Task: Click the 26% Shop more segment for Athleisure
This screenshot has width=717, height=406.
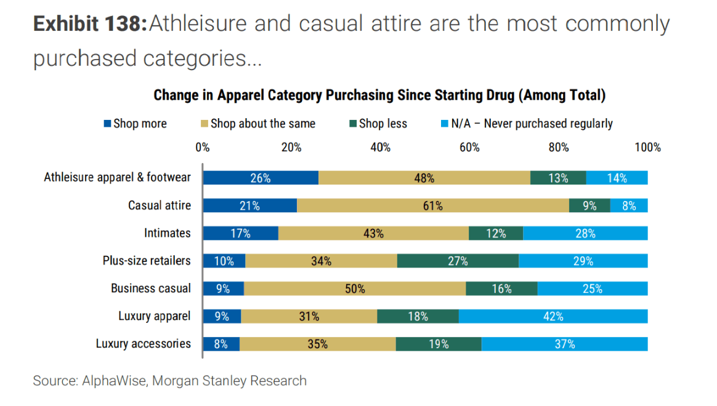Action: click(x=261, y=178)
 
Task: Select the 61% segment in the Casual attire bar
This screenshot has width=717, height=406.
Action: click(x=432, y=205)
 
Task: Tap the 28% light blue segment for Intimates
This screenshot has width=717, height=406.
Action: click(x=585, y=233)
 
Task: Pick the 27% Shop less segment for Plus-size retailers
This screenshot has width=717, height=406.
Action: click(x=458, y=261)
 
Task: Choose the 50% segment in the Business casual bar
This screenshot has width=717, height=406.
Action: click(x=355, y=289)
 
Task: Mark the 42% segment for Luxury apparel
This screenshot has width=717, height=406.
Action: click(x=553, y=316)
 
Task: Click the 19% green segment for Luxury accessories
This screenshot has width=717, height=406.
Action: click(x=439, y=344)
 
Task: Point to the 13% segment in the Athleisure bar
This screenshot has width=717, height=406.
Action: click(x=558, y=178)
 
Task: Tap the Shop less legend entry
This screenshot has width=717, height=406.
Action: click(x=377, y=124)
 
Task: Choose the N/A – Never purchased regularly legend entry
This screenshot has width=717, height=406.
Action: click(x=527, y=124)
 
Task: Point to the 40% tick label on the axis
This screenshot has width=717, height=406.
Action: click(x=381, y=148)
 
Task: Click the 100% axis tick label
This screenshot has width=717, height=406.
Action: click(x=647, y=148)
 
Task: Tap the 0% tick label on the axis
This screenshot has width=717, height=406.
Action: click(x=203, y=148)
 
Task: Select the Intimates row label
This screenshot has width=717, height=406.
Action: click(x=168, y=233)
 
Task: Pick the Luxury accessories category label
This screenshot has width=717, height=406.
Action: click(x=144, y=344)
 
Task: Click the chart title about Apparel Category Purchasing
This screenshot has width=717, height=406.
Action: click(x=379, y=95)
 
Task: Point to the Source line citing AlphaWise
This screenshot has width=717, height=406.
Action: click(x=170, y=381)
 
